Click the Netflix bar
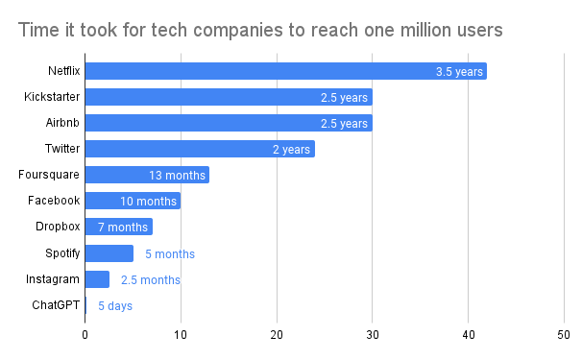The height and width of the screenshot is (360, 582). (286, 71)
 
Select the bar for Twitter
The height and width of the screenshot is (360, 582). (200, 149)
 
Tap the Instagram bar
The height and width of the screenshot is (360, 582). (97, 279)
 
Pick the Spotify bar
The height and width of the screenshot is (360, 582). (109, 253)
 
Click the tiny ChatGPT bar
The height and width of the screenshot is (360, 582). (85, 305)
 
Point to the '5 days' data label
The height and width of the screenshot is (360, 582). (115, 306)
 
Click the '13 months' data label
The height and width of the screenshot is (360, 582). (177, 175)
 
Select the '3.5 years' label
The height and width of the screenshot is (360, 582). (459, 71)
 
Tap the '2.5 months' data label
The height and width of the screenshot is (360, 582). (151, 279)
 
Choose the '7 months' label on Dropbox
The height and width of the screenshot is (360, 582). (123, 228)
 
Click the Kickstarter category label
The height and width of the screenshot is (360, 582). (52, 97)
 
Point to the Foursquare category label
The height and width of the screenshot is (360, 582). (49, 175)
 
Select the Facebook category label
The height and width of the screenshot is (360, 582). (54, 201)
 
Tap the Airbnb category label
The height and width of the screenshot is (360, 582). (62, 123)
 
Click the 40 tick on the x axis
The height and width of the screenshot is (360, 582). (469, 335)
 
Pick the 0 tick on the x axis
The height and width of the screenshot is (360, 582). (85, 335)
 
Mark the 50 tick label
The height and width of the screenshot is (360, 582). (564, 335)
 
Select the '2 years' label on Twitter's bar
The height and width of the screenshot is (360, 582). (291, 149)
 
